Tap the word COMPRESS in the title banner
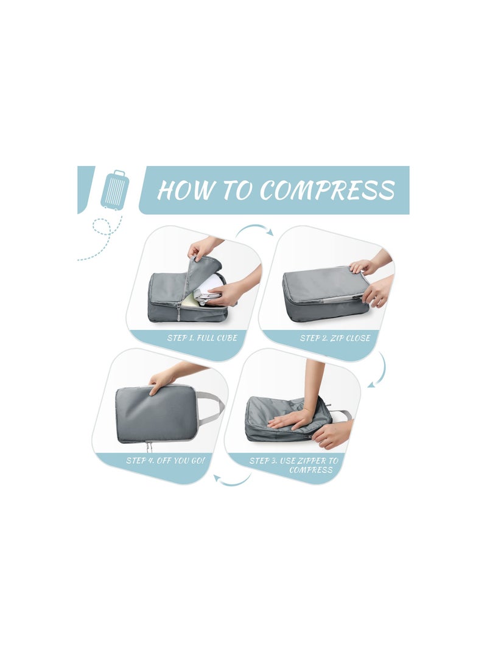point(328,190)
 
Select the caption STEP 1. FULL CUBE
point(203,338)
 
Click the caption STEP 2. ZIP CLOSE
point(335,338)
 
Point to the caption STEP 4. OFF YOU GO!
point(166,460)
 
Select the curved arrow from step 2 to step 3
point(379,371)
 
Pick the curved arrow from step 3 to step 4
point(232,481)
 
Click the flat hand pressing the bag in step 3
point(291,419)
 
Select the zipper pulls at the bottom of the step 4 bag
point(148,447)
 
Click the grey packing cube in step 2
point(323,292)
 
